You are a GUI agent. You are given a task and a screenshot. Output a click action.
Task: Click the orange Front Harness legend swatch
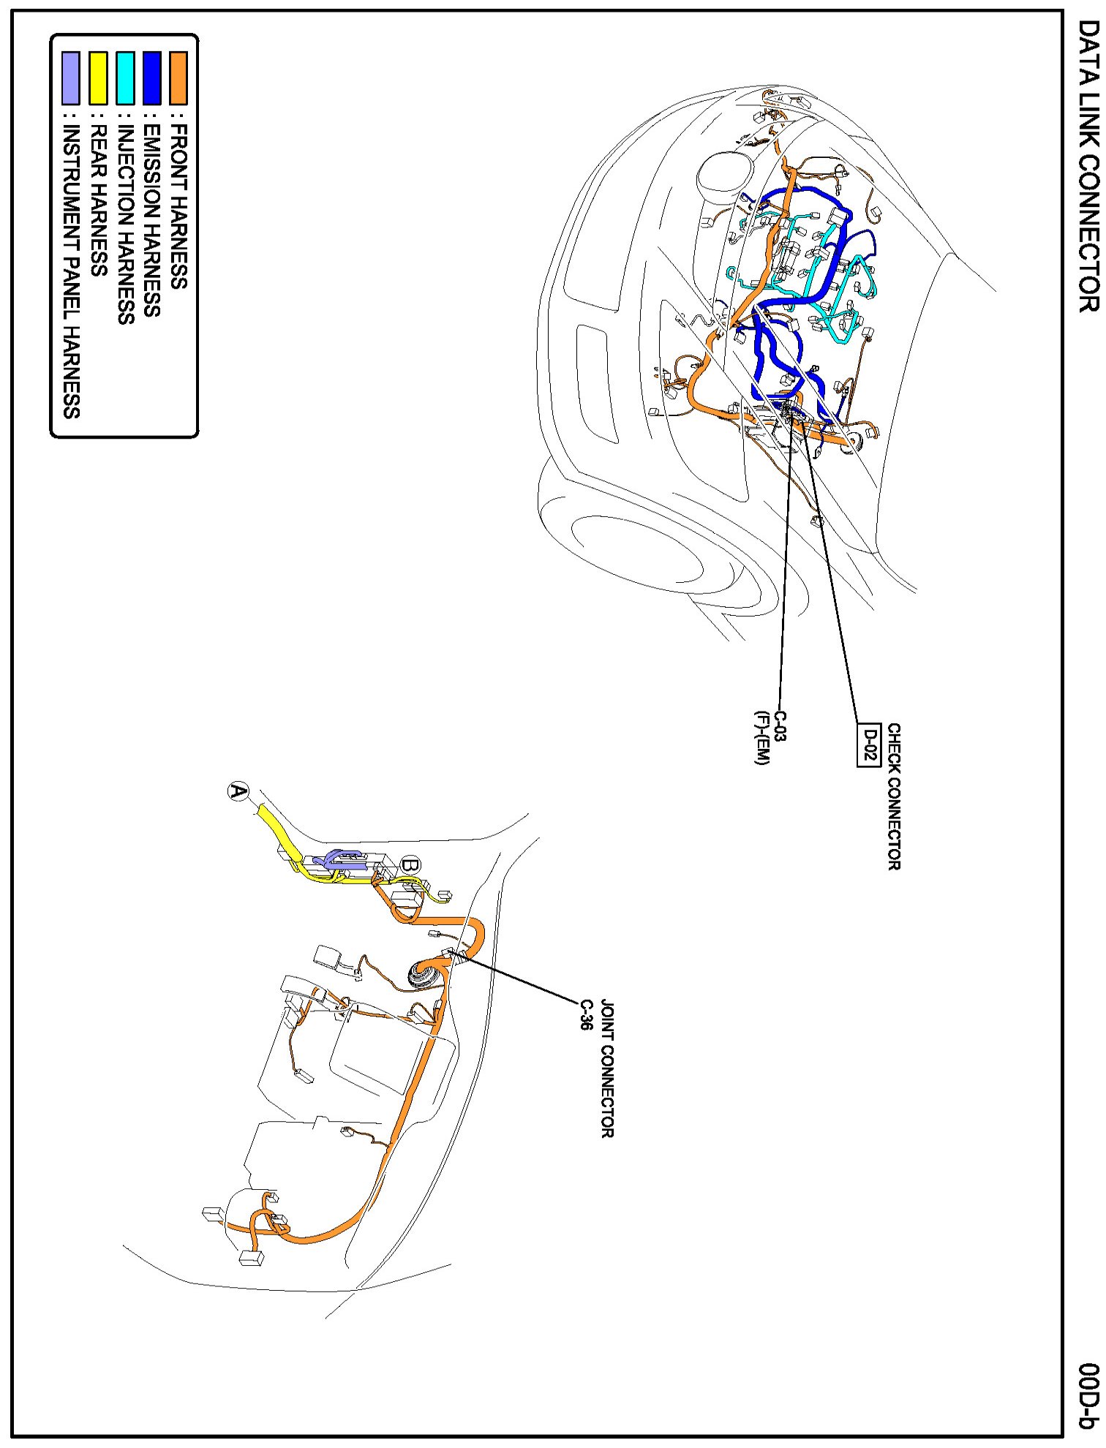point(178,78)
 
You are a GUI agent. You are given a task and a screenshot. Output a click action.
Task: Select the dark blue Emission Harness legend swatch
point(151,78)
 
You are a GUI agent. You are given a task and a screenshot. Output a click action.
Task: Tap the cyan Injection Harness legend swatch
point(125,78)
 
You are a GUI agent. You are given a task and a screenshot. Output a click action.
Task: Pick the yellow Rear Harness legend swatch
point(98,78)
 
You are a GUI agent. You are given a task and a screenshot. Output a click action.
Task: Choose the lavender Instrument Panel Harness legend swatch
point(71,78)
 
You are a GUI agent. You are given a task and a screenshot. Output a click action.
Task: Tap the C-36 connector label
point(586,1015)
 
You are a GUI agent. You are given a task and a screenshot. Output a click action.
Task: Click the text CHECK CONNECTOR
point(894,796)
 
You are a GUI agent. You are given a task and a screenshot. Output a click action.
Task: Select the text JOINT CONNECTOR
point(607,1069)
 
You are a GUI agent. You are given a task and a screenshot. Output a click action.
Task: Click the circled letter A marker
point(238,791)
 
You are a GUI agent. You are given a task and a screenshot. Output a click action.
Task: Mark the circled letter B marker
point(411,864)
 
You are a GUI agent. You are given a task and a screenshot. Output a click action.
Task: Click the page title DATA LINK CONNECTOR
point(1088,166)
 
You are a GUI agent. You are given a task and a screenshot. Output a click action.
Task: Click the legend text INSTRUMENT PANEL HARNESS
point(71,271)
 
